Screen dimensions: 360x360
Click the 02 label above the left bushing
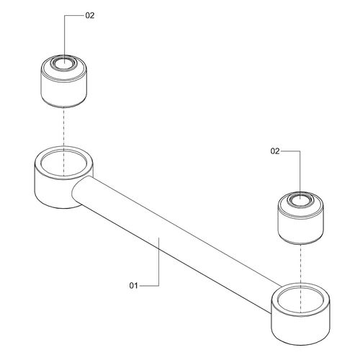pyautogui.click(x=90, y=16)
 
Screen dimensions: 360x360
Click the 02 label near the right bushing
pyautogui.click(x=275, y=151)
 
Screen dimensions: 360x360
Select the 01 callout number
pyautogui.click(x=134, y=286)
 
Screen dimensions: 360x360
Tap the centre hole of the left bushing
pyautogui.click(x=64, y=63)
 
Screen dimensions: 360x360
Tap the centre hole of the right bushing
pyautogui.click(x=300, y=199)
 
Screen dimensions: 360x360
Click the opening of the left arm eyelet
pyautogui.click(x=64, y=163)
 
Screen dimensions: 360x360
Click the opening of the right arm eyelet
pyautogui.click(x=300, y=300)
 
